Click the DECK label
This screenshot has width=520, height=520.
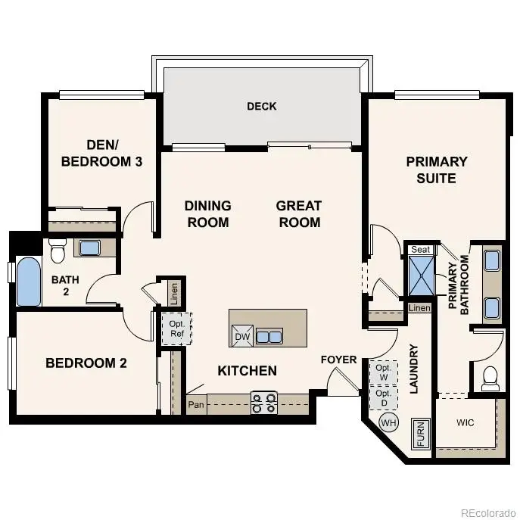click(262, 106)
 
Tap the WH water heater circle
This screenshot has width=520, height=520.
click(389, 422)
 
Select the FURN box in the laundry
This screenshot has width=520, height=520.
click(419, 434)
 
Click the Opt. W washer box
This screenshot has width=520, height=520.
click(383, 372)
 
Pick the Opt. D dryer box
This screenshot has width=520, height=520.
click(383, 397)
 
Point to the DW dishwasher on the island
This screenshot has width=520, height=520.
click(242, 336)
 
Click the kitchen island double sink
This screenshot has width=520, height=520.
click(269, 336)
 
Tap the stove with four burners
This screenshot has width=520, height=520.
click(264, 403)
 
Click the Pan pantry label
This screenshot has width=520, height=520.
click(196, 404)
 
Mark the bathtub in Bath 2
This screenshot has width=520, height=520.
click(28, 282)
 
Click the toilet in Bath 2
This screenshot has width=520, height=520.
click(58, 251)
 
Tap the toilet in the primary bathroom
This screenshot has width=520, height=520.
click(490, 376)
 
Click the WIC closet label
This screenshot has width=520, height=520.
click(466, 422)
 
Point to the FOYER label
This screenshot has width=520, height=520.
click(338, 360)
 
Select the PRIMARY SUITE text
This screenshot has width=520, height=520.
click(437, 170)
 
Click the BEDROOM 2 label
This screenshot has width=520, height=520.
click(86, 363)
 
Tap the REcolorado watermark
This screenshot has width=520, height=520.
click(489, 510)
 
